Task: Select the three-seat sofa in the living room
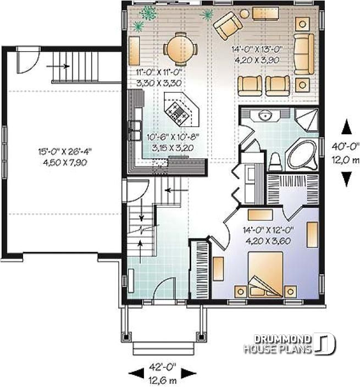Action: click(x=303, y=53)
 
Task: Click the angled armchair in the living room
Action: click(x=227, y=26)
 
